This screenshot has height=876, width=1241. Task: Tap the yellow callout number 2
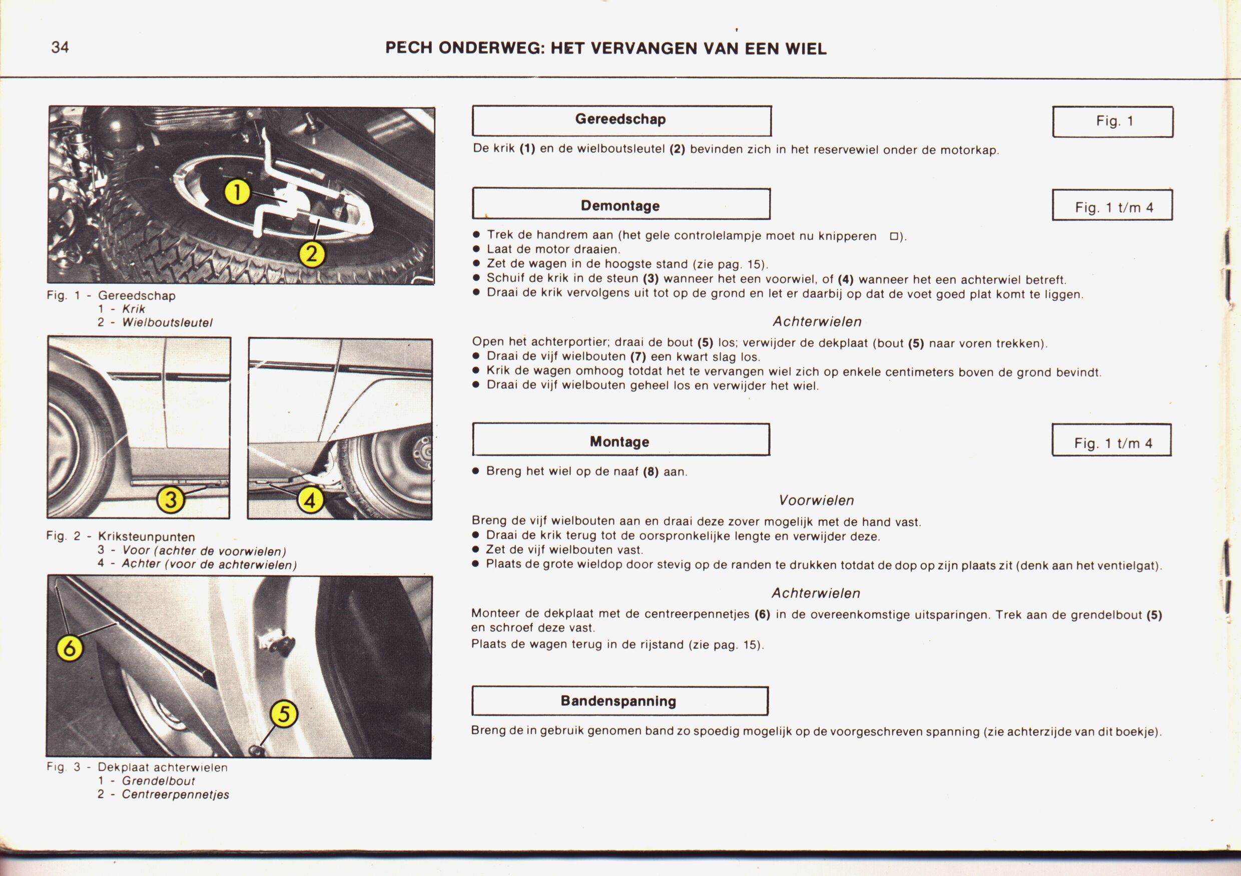(x=312, y=254)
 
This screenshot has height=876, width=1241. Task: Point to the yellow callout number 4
(x=311, y=501)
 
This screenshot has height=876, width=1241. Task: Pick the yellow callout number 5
(x=284, y=714)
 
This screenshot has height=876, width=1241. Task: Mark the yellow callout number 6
(x=70, y=647)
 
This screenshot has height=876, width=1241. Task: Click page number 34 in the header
(x=60, y=48)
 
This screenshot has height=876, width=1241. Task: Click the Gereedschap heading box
(x=621, y=120)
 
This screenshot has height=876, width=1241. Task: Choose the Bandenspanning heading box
(x=619, y=701)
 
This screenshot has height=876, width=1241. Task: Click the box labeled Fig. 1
(x=1113, y=121)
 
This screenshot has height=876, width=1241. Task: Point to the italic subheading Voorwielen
(x=816, y=501)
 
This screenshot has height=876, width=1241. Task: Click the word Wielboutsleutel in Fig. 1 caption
(x=167, y=323)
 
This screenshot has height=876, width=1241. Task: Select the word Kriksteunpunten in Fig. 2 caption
(x=147, y=537)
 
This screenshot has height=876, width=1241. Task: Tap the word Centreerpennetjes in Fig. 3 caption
(x=176, y=794)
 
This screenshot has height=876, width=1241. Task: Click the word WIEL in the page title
(x=806, y=49)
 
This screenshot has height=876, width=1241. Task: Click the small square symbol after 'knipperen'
(x=894, y=236)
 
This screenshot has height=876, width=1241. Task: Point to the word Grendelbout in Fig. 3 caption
(x=158, y=781)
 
